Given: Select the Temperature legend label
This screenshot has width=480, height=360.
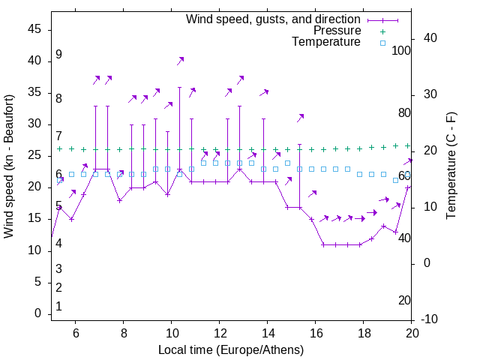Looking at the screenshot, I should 326,43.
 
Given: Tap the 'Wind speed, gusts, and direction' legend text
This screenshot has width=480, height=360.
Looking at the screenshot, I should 273,19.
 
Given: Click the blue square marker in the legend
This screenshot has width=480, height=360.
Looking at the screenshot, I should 382,43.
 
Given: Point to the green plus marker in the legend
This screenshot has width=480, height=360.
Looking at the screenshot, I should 382,31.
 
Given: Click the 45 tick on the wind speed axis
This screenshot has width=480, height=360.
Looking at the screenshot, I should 34,29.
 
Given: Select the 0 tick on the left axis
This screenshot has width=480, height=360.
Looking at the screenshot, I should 37,314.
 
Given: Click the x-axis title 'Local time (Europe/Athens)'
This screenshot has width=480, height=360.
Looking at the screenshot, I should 231,349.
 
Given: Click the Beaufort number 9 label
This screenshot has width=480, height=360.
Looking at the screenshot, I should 58,55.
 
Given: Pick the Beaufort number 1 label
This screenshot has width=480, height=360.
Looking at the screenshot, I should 58,307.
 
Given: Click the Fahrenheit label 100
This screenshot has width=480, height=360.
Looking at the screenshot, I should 401,51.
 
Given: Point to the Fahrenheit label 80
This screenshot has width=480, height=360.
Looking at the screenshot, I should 404,113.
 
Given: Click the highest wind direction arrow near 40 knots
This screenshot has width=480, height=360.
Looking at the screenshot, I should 180,61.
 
